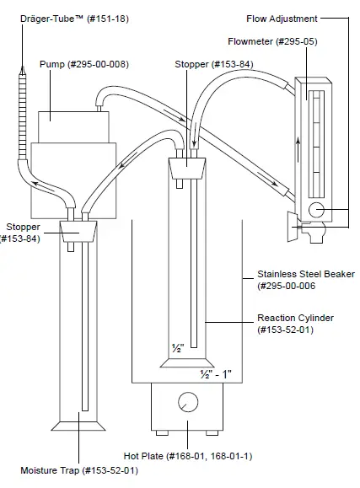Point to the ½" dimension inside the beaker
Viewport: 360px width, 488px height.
tap(177, 347)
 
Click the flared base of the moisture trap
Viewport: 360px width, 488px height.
tap(78, 421)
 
